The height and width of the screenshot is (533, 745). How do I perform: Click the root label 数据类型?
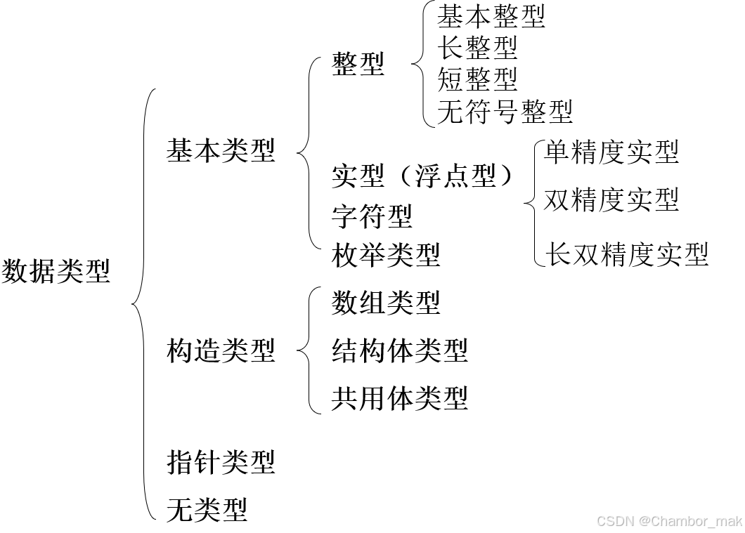(x=56, y=270)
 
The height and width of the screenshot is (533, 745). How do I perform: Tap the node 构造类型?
(x=221, y=350)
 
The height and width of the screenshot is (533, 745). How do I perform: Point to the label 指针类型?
(x=221, y=461)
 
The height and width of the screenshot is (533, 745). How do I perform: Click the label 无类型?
(x=207, y=508)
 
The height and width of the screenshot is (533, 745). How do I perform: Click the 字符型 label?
(x=372, y=216)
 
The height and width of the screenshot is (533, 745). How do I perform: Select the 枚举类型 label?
(x=385, y=254)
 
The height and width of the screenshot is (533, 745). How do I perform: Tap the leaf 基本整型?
(x=491, y=15)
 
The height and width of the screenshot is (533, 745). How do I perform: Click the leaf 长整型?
(x=477, y=48)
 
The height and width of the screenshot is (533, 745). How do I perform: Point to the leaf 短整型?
(x=477, y=79)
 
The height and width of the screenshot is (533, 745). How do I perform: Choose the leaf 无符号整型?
(x=504, y=111)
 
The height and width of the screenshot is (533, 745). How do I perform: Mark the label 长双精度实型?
(x=628, y=254)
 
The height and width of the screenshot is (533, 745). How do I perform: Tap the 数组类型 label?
(x=385, y=303)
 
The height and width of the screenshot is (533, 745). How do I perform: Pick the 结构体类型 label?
(x=399, y=350)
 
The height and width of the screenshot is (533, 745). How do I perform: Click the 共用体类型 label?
(x=399, y=398)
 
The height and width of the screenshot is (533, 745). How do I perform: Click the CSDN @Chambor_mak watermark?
(x=668, y=520)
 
